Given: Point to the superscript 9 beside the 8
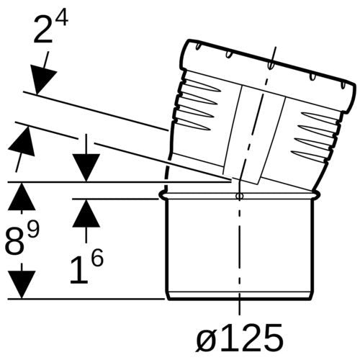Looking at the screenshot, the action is point(32,229).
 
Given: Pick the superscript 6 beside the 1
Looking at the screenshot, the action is point(97,258).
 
